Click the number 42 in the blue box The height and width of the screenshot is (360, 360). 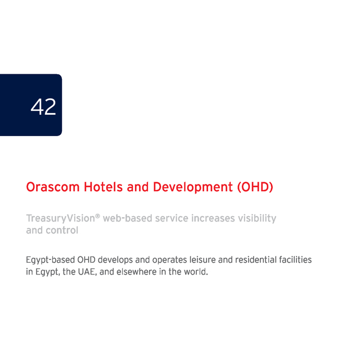pos(43,106)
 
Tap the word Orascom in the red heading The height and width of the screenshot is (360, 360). pos(53,187)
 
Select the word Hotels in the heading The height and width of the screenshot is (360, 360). pos(103,187)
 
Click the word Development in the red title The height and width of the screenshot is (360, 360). pos(193,187)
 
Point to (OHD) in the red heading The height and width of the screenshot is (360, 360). pos(255,187)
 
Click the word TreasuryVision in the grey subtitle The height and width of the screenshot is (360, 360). pos(61,219)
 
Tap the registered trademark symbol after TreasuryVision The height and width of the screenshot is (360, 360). pos(97,216)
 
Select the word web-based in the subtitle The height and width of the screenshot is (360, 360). pos(128,218)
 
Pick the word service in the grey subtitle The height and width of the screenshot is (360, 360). pos(172,218)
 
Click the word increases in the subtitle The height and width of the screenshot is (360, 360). pos(213,218)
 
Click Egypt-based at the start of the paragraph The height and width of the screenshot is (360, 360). pos(51,260)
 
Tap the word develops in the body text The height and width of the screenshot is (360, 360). pos(115,260)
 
